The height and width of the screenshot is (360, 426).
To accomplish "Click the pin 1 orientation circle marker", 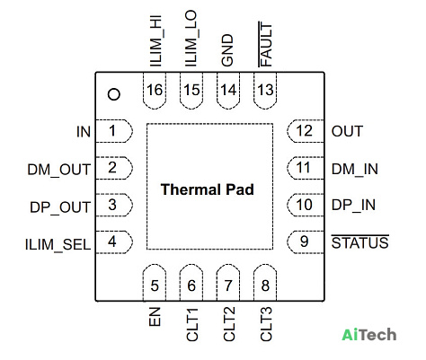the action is point(114,94).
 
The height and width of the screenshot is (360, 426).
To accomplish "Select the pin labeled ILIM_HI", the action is point(156,41).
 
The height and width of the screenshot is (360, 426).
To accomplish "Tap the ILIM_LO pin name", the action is point(191,39).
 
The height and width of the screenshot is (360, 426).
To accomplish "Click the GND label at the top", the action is point(227,50).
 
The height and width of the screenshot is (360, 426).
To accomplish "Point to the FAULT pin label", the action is point(265,44).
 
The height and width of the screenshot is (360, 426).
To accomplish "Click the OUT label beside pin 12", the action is point(347,131).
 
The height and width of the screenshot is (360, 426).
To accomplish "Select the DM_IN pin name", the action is point(355,169).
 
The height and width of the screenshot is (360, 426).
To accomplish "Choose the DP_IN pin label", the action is point(353,206).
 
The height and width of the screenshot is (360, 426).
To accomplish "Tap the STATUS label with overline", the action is point(360,241).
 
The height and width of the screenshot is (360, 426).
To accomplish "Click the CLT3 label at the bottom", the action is point(266,324).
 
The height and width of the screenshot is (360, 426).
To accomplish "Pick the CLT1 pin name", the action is point(192,325).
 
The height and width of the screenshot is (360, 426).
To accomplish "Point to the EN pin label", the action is point(155,317).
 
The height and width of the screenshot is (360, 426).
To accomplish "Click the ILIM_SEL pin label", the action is point(58,245).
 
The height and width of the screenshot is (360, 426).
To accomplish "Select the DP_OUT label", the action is point(60,207).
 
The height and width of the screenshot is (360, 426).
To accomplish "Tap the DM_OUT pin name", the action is point(58,170).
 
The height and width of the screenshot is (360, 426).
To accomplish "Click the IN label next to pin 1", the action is point(84,132).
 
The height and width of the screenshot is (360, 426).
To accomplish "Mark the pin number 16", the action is point(155,90).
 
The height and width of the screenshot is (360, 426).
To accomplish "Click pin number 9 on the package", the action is point(304,241).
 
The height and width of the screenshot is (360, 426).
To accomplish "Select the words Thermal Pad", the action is point(208,189).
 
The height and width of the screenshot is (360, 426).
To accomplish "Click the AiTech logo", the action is point(369,334).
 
